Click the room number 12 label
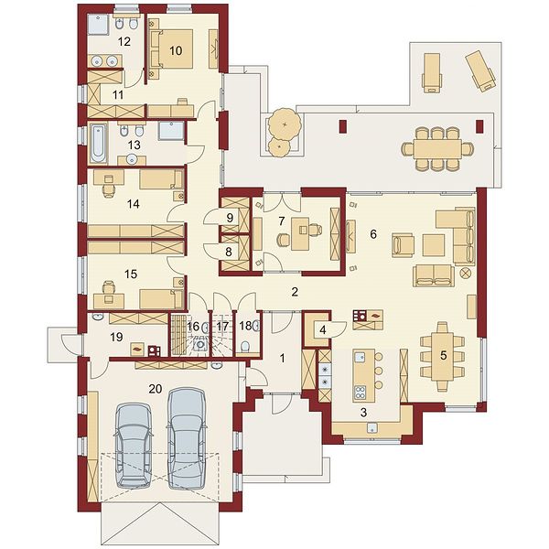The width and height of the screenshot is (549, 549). pyautogui.click(x=124, y=42)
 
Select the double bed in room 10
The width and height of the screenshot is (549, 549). pyautogui.click(x=172, y=48)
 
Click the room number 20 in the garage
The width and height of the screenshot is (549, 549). pyautogui.click(x=156, y=389)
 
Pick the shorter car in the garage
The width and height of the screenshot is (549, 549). pyautogui.click(x=134, y=446)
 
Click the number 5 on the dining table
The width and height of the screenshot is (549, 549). pyautogui.click(x=443, y=355)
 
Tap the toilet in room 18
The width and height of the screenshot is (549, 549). pyautogui.click(x=246, y=347)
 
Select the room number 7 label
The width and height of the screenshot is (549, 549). pyautogui.click(x=282, y=221)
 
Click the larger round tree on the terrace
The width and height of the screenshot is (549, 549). pyautogui.click(x=284, y=124)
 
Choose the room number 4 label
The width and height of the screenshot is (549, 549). pyautogui.click(x=323, y=329)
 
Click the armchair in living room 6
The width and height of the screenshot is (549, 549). pyautogui.click(x=403, y=245)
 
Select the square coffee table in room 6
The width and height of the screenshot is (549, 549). pyautogui.click(x=434, y=245)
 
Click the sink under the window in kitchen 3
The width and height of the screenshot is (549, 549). pyautogui.click(x=372, y=427)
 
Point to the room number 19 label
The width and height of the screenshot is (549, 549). pyautogui.click(x=116, y=337)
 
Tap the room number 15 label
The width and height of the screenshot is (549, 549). pyautogui.click(x=131, y=274)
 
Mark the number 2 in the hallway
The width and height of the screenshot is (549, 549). pyautogui.click(x=295, y=292)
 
